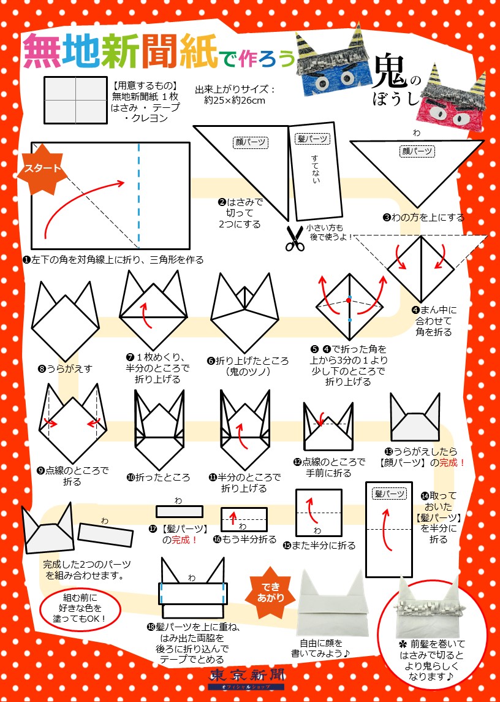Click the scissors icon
(x=294, y=238)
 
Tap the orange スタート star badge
(x=42, y=169)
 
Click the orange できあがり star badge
(x=270, y=592)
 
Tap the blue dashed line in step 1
(x=138, y=196)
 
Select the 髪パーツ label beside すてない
(x=312, y=139)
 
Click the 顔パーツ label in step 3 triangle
(x=417, y=151)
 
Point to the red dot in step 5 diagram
(x=349, y=300)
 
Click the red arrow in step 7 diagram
(x=145, y=315)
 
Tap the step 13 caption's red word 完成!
(x=451, y=462)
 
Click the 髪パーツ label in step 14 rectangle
(x=390, y=494)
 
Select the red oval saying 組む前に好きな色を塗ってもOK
(x=79, y=608)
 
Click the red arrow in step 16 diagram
(x=233, y=517)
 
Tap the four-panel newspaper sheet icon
(x=75, y=101)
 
